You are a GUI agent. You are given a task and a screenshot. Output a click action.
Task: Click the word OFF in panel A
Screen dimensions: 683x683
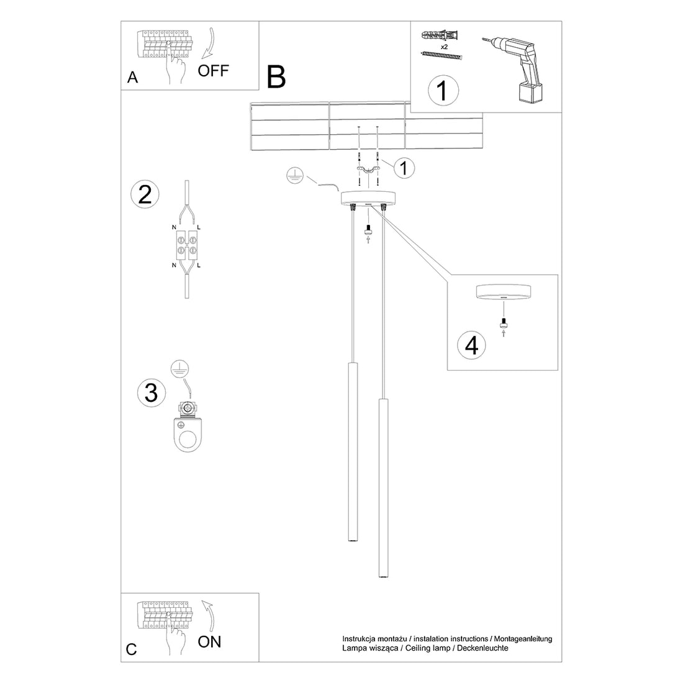(213, 70)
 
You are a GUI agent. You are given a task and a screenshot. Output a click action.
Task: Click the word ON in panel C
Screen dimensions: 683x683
(209, 642)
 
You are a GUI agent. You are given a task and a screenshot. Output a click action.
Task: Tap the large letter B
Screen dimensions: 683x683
(276, 77)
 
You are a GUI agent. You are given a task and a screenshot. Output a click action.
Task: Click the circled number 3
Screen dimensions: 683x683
(150, 392)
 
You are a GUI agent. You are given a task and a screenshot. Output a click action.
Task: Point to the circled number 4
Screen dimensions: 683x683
(471, 345)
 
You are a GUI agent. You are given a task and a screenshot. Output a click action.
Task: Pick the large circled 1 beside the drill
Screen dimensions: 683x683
(443, 91)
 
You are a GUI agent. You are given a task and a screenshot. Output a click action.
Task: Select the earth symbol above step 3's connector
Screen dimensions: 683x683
(179, 368)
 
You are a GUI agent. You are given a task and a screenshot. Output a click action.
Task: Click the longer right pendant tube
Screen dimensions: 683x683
(381, 490)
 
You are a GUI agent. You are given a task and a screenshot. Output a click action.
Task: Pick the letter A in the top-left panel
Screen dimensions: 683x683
(132, 78)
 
